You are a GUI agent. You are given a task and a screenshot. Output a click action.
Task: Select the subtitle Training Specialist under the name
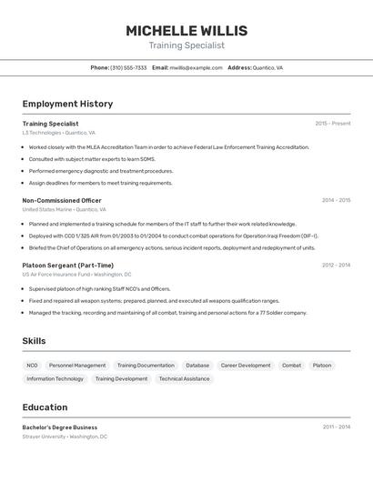186,45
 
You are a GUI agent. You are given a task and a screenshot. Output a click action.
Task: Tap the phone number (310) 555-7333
128,67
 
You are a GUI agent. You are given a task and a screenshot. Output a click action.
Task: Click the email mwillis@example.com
196,67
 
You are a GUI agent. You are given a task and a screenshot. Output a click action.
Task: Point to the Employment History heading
67,104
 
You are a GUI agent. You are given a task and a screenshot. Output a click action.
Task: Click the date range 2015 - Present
332,123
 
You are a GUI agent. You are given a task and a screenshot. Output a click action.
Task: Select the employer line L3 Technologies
58,133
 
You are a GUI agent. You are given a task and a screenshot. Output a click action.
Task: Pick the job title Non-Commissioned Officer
62,200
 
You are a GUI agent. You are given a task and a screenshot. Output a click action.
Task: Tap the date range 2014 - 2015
336,200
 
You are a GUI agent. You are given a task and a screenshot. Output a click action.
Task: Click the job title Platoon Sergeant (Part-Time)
68,265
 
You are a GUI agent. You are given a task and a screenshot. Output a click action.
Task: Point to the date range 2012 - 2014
336,265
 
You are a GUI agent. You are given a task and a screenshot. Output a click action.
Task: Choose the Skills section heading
35,341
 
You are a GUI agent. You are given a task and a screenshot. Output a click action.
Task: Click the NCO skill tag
32,366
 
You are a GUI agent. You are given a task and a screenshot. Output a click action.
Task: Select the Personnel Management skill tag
77,366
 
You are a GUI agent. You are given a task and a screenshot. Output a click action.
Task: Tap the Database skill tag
197,366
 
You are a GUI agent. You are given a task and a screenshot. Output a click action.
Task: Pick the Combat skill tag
291,366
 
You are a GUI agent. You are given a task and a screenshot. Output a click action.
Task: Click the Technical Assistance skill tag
184,378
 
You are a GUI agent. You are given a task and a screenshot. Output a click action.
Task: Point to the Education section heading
45,407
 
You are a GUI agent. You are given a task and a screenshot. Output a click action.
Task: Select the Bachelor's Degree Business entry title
60,427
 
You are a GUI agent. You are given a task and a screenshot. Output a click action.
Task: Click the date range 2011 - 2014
336,427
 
